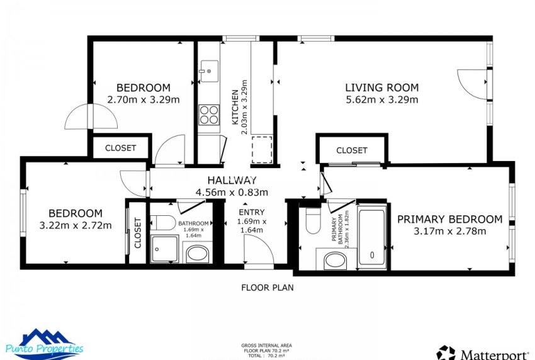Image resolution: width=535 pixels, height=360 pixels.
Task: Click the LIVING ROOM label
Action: (x=381, y=87)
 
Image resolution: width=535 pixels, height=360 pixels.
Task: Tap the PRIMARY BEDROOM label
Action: (x=449, y=219)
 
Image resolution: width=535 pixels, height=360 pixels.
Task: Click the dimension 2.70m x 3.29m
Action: (x=144, y=99)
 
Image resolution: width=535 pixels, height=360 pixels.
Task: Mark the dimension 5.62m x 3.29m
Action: (x=381, y=99)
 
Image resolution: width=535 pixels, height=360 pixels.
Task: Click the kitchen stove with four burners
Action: (x=209, y=115)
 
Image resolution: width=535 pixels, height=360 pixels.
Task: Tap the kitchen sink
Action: (x=208, y=68)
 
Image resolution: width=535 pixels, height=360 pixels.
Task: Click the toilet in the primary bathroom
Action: (x=313, y=220)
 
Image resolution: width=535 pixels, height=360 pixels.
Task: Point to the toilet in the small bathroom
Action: (x=163, y=222)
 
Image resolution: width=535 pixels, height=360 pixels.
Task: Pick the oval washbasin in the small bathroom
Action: (x=198, y=254)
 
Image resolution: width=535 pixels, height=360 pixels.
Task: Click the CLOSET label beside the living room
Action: (x=351, y=150)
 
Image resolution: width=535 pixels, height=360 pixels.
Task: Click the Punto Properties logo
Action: (x=43, y=343)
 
